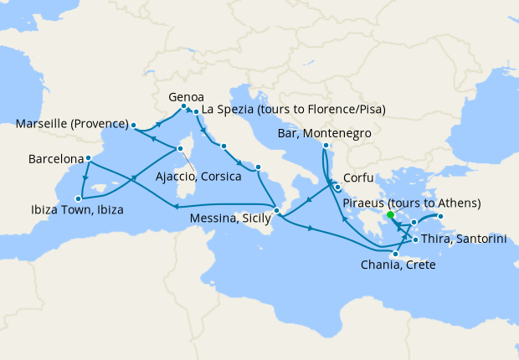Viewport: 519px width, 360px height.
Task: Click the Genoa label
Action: click(x=186, y=95)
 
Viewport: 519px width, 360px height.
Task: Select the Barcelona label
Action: click(x=55, y=158)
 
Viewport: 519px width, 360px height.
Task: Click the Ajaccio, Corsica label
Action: click(x=198, y=177)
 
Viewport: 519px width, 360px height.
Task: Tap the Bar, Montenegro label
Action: click(x=323, y=133)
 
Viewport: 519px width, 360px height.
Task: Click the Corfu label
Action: click(x=357, y=177)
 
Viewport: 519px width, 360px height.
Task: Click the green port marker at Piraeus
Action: click(x=390, y=214)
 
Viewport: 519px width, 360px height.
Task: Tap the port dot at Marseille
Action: click(x=133, y=126)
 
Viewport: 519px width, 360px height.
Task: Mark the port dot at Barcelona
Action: click(x=88, y=157)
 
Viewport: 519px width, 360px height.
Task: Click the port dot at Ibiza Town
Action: click(x=78, y=198)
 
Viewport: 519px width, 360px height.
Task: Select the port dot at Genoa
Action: click(x=183, y=105)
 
